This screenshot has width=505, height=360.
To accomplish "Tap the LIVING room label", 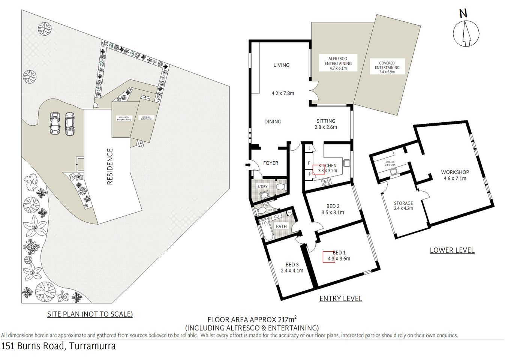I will click(x=281, y=65).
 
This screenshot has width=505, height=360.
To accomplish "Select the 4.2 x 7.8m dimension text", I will click(x=283, y=93).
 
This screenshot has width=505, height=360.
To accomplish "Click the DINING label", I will click(x=273, y=122).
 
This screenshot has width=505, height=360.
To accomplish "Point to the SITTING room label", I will click(x=325, y=121).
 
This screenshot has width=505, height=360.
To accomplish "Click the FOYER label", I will click(x=271, y=163).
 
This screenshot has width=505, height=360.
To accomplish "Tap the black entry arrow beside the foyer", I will click(x=248, y=165).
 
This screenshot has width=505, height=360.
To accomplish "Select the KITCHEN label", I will click(x=327, y=165).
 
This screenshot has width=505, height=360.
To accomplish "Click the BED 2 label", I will click(x=333, y=206).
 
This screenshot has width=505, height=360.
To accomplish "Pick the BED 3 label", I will click(x=292, y=265).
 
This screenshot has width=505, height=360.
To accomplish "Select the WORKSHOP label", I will click(x=455, y=172).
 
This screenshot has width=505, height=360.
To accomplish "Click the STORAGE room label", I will click(x=403, y=203).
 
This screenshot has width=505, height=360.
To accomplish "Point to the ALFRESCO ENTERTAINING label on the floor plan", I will click(x=338, y=61).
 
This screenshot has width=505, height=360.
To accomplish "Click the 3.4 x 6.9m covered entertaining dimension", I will click(x=387, y=72).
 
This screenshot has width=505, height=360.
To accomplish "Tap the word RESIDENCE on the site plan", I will click(x=110, y=166).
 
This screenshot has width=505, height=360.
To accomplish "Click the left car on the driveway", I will click(x=55, y=123).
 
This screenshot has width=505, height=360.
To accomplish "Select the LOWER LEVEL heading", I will click(x=452, y=250).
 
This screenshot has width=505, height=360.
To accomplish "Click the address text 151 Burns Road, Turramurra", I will click(x=58, y=346).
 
